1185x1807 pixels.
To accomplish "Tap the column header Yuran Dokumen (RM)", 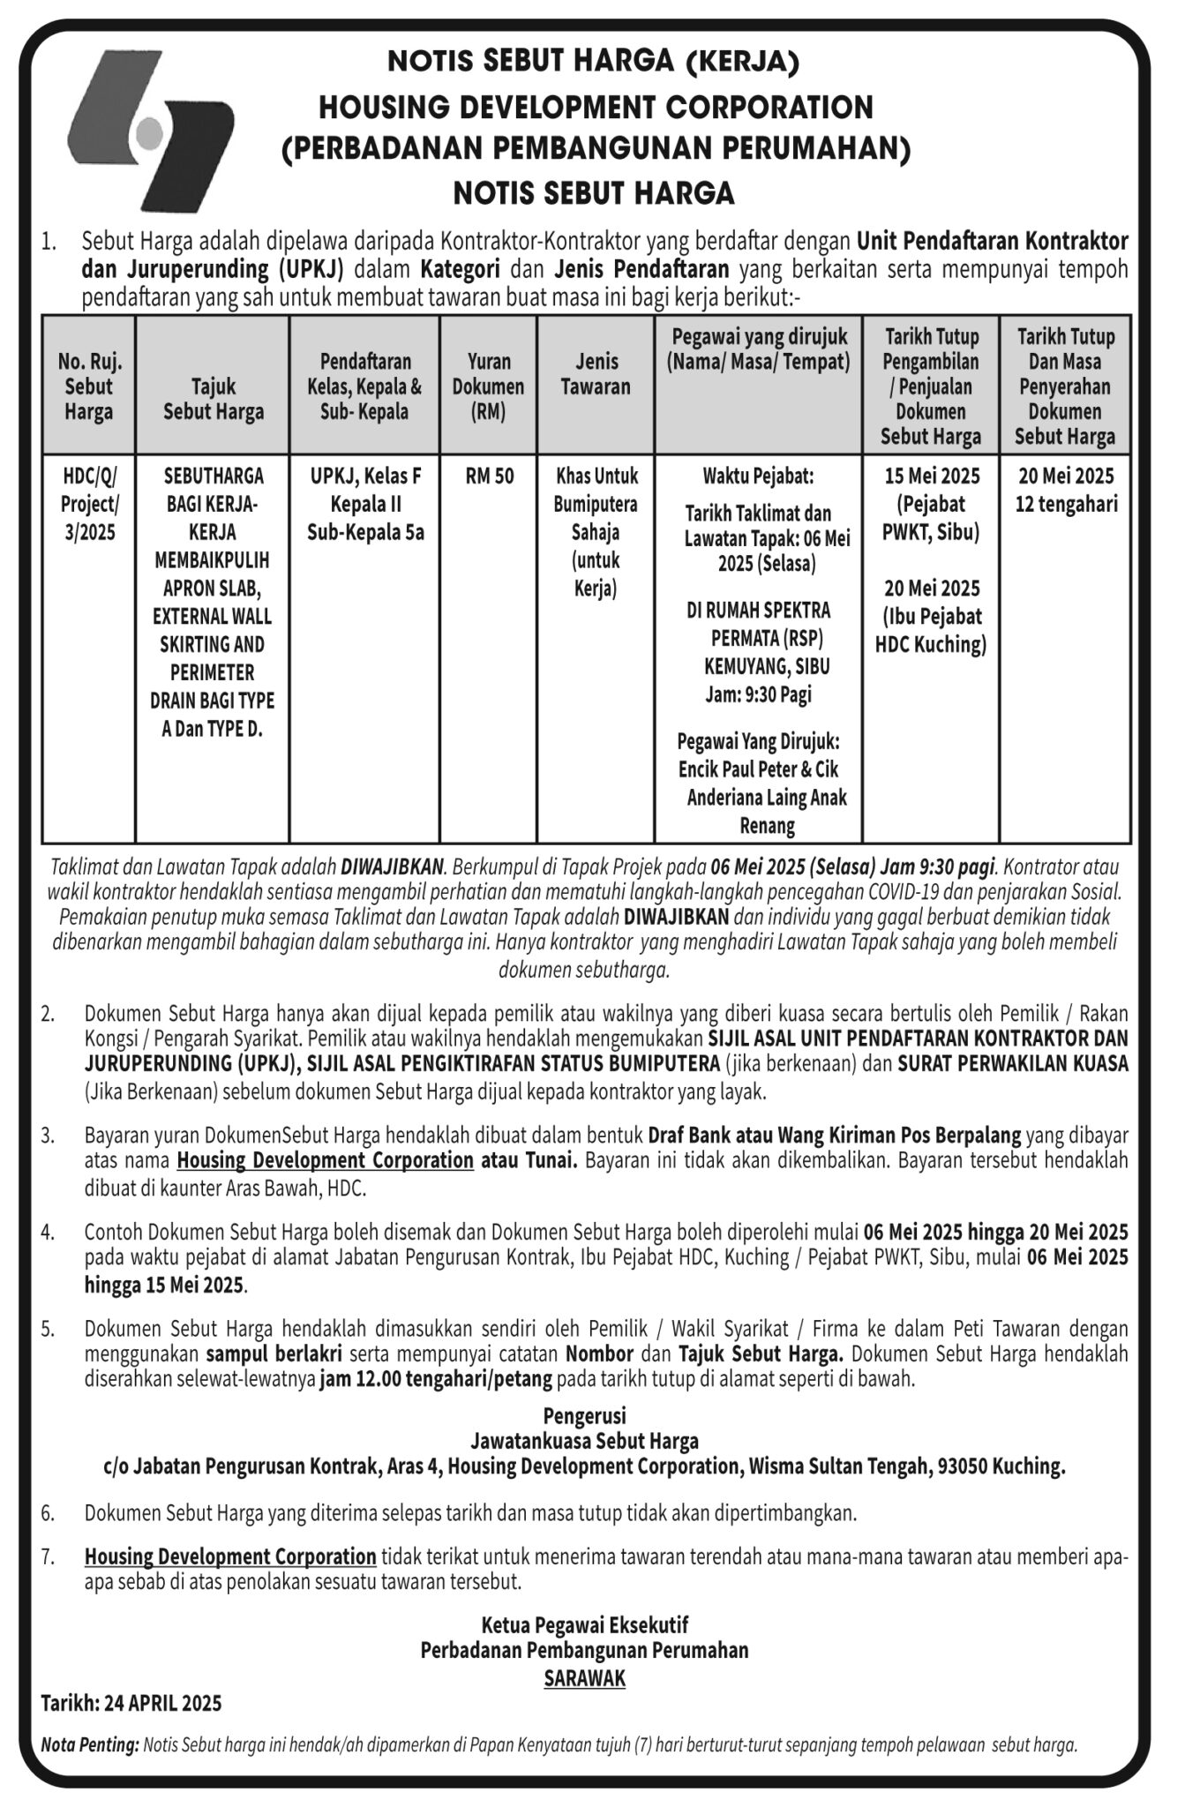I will coord(489,386).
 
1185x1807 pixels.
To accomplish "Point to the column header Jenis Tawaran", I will coord(596,374).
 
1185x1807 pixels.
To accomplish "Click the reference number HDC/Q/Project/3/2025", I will coord(88,504).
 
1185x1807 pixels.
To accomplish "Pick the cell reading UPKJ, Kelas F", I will coord(365,476).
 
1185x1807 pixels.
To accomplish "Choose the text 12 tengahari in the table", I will coord(1066,504).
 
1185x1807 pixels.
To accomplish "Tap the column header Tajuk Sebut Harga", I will coord(214,399).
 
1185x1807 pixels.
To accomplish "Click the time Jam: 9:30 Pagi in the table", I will coord(758,694).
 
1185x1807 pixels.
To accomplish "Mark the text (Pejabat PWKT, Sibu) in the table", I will coord(931,519).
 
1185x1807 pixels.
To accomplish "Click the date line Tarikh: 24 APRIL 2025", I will coord(131,1703).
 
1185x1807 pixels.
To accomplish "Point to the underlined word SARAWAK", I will coord(584,1678).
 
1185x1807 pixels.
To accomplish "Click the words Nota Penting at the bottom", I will coord(90,1745).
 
